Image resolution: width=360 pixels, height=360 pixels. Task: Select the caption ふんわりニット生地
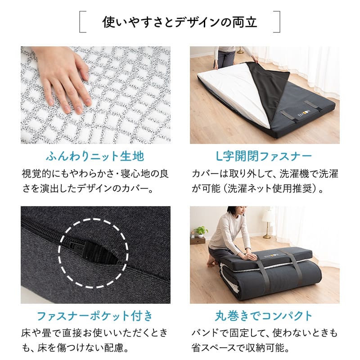95,156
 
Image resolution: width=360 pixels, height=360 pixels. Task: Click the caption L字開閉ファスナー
264,156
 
